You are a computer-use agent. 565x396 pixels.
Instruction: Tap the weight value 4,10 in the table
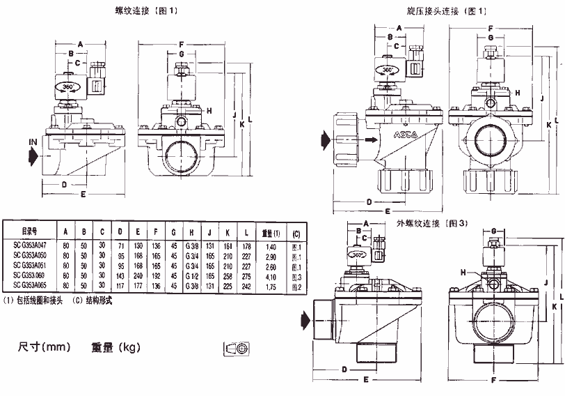click(x=271, y=276)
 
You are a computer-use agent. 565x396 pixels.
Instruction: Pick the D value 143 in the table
click(x=120, y=276)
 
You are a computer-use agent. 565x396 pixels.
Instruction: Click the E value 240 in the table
click(x=138, y=276)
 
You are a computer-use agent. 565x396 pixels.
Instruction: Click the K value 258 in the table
click(x=227, y=276)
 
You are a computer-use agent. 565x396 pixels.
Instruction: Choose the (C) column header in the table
click(x=296, y=232)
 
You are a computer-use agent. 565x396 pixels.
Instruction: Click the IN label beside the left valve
click(x=33, y=142)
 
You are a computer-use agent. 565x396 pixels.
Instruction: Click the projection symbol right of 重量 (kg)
click(x=238, y=347)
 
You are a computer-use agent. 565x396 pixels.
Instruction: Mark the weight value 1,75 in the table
click(x=271, y=286)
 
